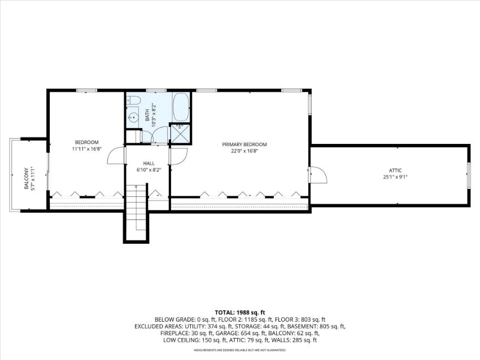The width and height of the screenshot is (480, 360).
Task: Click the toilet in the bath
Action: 133,100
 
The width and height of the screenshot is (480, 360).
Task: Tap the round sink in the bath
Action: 133,117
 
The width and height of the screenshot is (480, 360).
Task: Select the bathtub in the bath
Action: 181,107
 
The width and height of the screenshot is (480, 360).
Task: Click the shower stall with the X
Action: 180,134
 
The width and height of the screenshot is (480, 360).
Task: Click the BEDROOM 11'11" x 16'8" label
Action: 86,146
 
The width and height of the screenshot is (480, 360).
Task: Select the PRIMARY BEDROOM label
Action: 245,144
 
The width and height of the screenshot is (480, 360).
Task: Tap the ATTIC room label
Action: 395,170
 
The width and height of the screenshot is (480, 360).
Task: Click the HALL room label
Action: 149,163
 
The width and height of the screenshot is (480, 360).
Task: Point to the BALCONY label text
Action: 27,178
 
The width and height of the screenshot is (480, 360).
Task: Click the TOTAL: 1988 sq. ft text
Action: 239,312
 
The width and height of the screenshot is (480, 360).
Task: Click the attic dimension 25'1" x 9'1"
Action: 395,177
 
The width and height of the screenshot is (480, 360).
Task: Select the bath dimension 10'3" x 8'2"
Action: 154,115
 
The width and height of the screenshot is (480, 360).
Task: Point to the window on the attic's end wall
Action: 468,174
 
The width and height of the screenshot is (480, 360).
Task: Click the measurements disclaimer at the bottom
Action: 240,350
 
